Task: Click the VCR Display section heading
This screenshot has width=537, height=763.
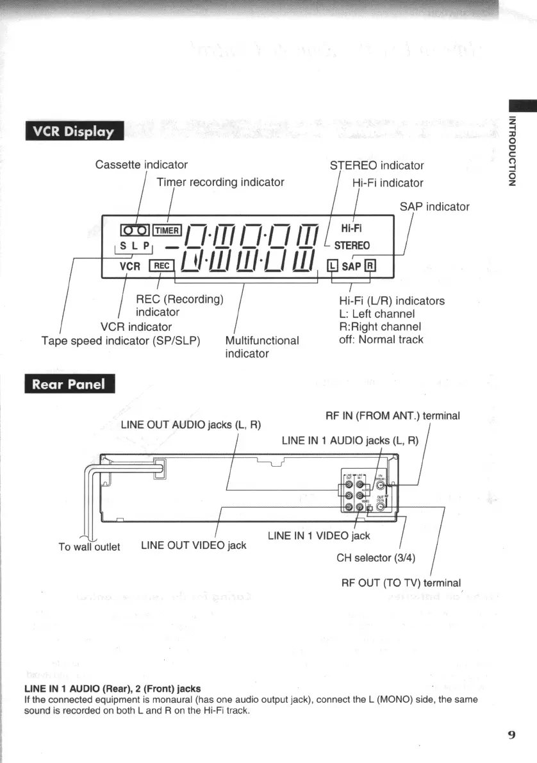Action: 73,132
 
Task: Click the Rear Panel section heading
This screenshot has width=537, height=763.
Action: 69,385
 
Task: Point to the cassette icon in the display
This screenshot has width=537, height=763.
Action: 135,230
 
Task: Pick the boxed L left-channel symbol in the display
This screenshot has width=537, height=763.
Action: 331,265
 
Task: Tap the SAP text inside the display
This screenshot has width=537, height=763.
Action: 351,265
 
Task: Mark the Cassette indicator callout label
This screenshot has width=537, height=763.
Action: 141,165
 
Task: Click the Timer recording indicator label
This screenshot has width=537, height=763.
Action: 220,182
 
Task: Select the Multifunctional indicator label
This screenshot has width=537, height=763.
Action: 262,346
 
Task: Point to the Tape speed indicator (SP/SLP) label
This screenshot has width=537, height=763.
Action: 121,340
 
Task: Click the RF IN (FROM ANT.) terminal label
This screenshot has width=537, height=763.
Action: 393,415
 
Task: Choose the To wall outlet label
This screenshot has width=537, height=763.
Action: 89,547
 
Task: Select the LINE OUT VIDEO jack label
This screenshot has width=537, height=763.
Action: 194,545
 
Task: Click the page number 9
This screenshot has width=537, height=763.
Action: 511,735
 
